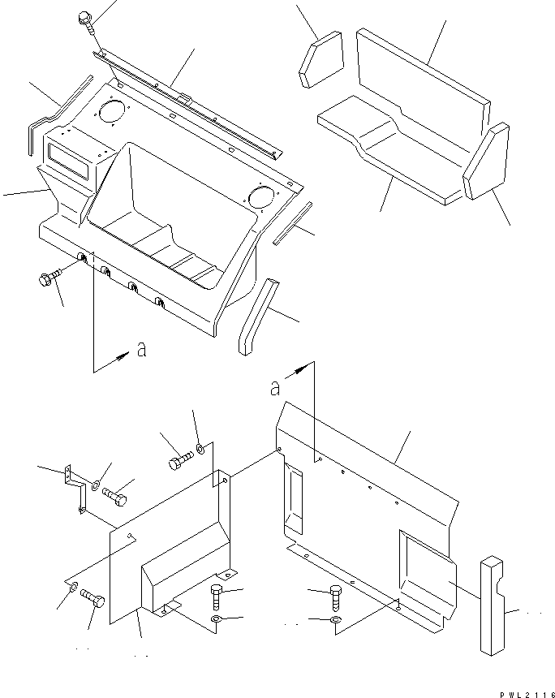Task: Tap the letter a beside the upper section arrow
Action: point(142,351)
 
